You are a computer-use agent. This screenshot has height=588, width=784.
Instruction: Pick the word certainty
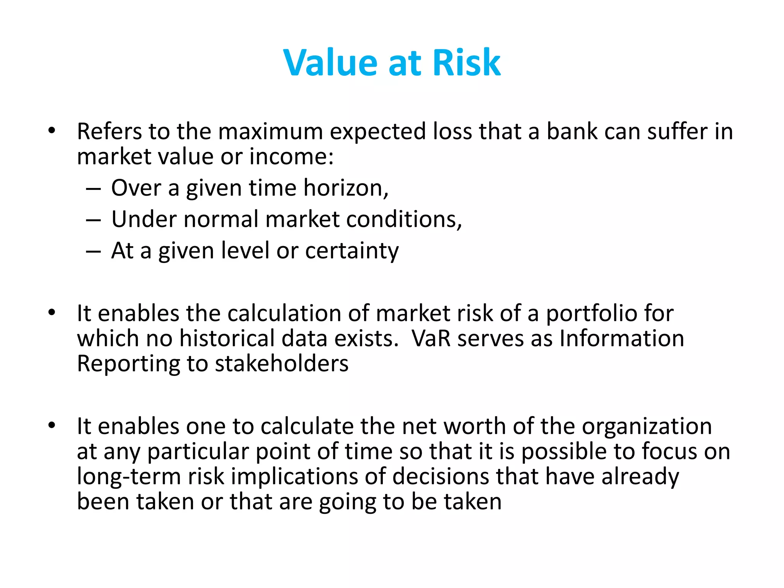[352, 252]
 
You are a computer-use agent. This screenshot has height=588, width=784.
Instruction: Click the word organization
[647, 426]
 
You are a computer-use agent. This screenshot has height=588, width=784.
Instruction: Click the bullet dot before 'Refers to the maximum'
[52, 131]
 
